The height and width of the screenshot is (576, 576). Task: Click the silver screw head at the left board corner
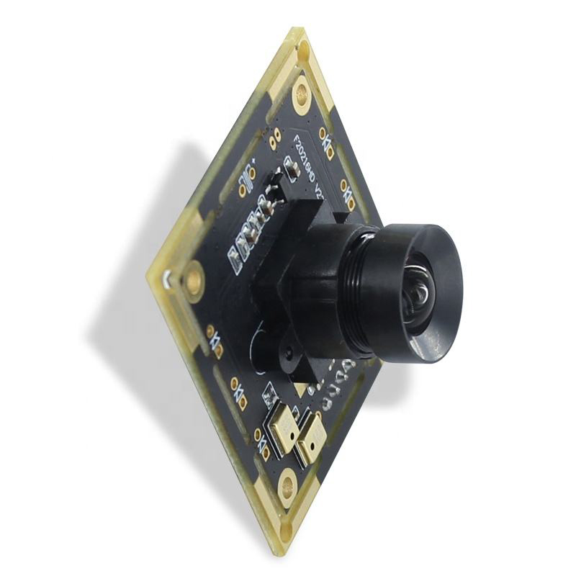[x=167, y=278]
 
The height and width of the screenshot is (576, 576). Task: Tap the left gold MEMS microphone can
[x=284, y=429]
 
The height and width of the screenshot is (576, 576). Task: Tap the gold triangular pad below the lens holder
[x=298, y=388]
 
